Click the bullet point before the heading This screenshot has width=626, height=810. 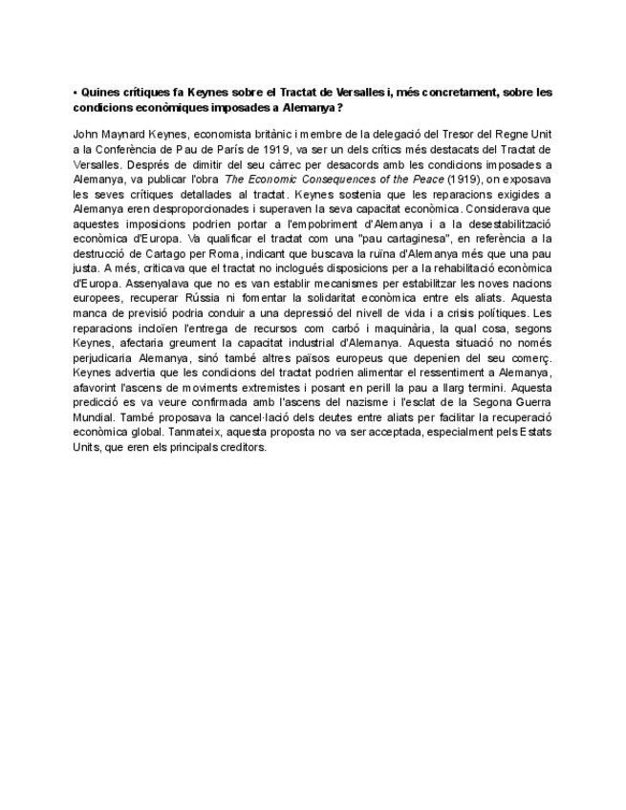tap(75, 93)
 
